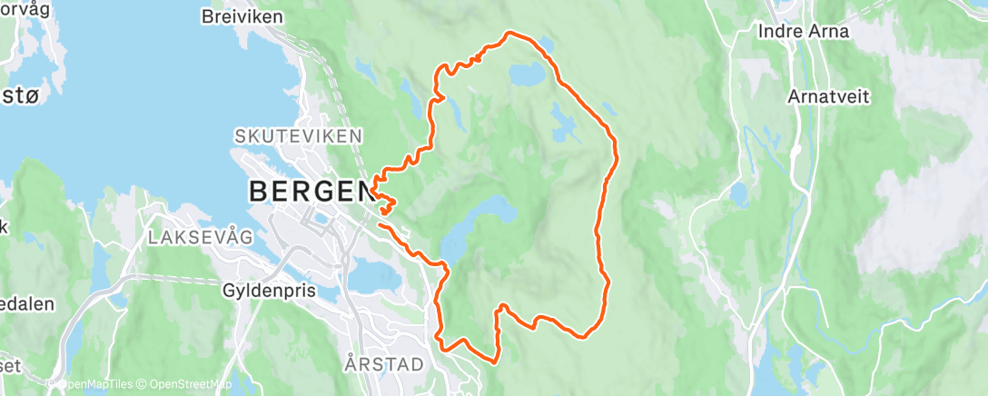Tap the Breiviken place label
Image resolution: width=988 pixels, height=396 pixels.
(x=242, y=17)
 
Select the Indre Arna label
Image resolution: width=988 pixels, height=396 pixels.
(x=804, y=31)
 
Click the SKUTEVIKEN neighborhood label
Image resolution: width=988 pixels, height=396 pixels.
(x=298, y=135)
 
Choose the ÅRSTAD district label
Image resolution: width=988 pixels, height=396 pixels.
(x=384, y=364)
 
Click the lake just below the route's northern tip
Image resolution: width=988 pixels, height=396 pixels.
(x=528, y=74)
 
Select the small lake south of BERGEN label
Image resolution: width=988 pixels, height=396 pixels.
(x=373, y=273)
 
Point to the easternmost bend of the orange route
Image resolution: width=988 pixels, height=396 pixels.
(x=617, y=150)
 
